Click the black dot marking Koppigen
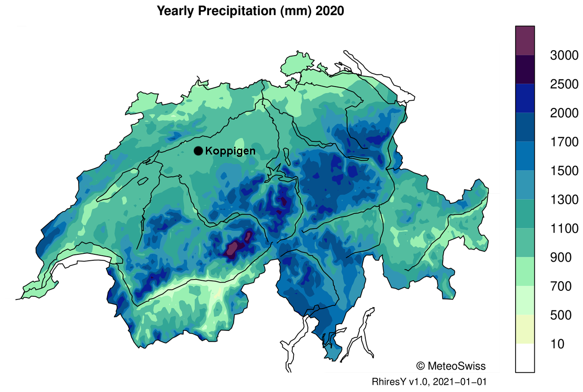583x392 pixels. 198,151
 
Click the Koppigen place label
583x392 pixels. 230,151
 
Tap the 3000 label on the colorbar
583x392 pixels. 564,56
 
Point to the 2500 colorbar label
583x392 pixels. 564,84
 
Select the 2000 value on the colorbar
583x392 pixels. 564,113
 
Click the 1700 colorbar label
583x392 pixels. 564,142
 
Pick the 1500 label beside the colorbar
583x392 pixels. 564,171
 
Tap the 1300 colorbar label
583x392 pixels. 564,200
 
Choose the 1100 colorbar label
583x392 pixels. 564,228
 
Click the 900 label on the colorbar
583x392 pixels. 560,258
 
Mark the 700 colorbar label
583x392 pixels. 560,286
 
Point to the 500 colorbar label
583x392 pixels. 560,315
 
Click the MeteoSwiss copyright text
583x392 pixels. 451,366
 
